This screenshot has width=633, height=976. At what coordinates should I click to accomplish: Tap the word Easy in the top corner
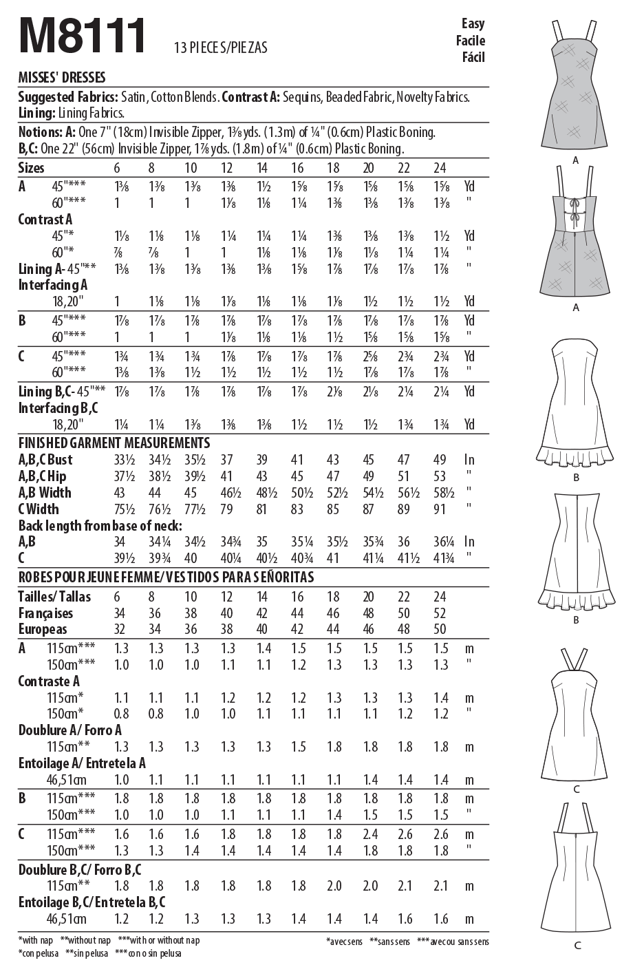[x=473, y=24]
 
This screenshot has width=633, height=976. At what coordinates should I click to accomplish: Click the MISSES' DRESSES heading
[x=62, y=78]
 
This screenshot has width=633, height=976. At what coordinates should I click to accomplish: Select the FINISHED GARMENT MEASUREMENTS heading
[x=114, y=443]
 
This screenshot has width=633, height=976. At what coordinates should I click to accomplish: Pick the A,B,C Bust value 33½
[x=122, y=460]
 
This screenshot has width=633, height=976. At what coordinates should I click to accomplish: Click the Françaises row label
[x=45, y=613]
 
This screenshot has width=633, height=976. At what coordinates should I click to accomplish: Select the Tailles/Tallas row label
[x=54, y=597]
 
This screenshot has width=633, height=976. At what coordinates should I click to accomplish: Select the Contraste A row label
[x=49, y=681]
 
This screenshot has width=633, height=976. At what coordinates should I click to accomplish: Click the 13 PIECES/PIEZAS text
[x=221, y=47]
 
